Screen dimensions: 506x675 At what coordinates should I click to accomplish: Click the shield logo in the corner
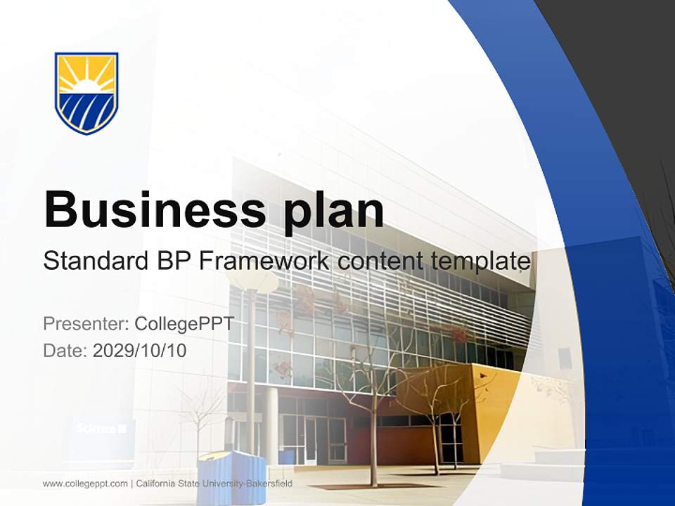pos(86,93)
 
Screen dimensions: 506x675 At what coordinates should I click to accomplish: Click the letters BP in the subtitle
pos(174,261)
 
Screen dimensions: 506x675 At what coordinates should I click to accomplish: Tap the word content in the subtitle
pos(378,261)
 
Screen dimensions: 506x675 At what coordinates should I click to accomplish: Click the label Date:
pos(65,350)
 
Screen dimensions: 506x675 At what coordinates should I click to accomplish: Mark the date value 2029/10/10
pos(139,350)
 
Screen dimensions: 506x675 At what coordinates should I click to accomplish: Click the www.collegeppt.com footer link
pos(85,484)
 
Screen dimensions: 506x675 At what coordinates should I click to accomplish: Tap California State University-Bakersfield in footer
pos(214,484)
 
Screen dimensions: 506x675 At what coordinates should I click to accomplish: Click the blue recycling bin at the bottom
pos(232,478)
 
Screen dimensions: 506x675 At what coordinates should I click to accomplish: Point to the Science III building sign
pos(101,427)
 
